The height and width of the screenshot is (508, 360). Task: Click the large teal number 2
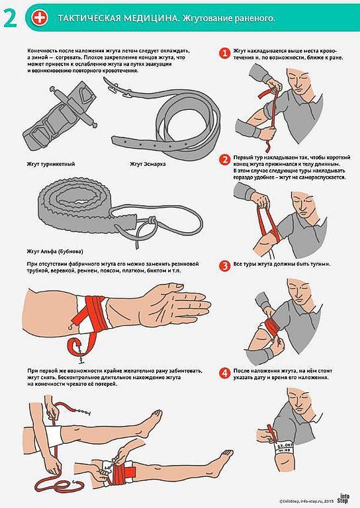pos(10,19)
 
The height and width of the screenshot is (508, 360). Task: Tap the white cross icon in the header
pos(40,17)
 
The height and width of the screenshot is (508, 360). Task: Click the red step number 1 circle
pos(224,52)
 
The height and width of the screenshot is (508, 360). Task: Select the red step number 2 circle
pos(224,159)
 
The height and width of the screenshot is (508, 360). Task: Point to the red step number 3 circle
pos(224,266)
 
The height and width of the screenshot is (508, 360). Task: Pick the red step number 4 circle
pos(224,373)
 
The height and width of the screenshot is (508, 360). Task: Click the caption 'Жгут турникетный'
pos(51,164)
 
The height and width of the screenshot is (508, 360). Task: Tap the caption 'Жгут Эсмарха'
pos(148,164)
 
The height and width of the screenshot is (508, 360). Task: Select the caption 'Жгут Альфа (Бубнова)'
pos(55,251)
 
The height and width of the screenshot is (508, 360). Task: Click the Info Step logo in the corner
pos(343,498)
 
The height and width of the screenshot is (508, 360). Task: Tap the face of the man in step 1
pos(298,80)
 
